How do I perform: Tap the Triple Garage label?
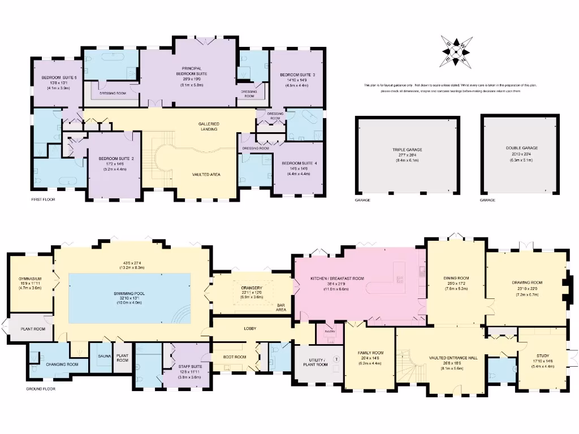click(407, 149)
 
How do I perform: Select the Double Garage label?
click(522, 148)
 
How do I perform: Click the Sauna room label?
click(104, 357)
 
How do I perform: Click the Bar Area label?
click(280, 307)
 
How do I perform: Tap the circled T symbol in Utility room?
click(337, 359)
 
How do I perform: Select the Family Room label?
click(370, 353)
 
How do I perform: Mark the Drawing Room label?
click(527, 283)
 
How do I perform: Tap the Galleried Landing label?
click(209, 126)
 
